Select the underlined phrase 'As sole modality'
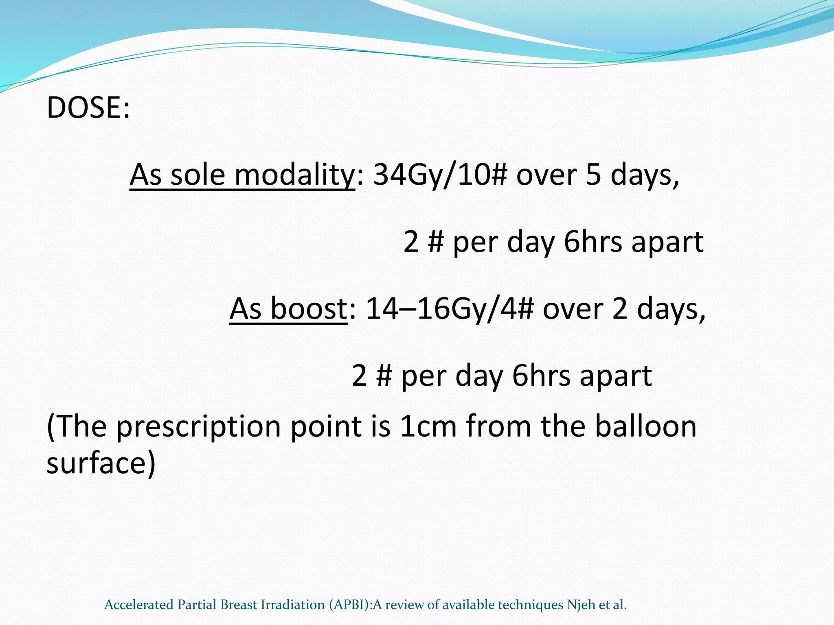242,175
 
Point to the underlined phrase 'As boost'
288,309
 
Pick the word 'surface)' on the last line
101,463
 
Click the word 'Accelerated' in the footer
139,605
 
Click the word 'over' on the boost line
573,309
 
